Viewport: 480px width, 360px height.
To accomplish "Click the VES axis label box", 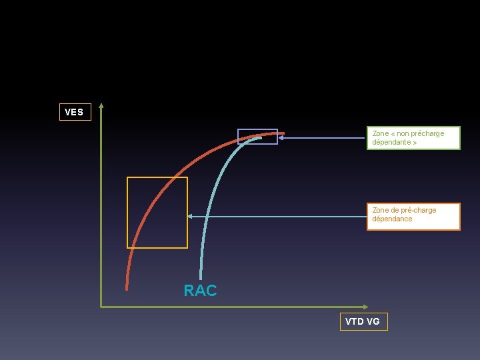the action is pyautogui.click(x=74, y=112).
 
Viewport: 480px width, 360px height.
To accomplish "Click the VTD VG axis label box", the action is pyautogui.click(x=363, y=321).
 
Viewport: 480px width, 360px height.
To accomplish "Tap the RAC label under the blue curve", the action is pyautogui.click(x=200, y=291).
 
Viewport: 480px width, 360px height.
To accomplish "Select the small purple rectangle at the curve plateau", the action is pyautogui.click(x=257, y=136).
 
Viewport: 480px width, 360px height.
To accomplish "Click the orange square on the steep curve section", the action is pyautogui.click(x=157, y=213).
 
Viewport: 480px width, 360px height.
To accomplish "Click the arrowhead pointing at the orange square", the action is pyautogui.click(x=190, y=216).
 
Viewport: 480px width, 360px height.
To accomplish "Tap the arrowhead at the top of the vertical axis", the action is pyautogui.click(x=101, y=105).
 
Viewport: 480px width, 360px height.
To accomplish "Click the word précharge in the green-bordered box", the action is pyautogui.click(x=428, y=134).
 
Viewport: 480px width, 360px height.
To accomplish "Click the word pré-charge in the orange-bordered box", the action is pyautogui.click(x=414, y=210).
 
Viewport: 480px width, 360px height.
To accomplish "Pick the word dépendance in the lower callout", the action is pyautogui.click(x=392, y=219).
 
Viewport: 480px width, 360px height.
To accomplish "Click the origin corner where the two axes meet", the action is pyautogui.click(x=101, y=307).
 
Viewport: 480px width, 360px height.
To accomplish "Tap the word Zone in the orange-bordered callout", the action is pyautogui.click(x=381, y=210).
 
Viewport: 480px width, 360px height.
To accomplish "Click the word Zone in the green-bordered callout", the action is pyautogui.click(x=381, y=134).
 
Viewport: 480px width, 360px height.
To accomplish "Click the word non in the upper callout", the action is pyautogui.click(x=403, y=134).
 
